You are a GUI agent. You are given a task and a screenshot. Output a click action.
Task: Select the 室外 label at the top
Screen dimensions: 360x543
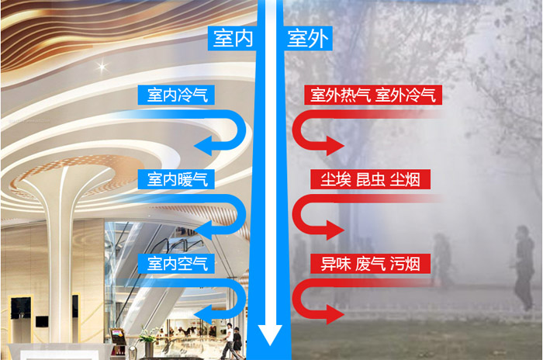coord(307,38)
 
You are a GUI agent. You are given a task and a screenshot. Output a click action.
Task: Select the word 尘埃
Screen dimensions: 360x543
coord(335,180)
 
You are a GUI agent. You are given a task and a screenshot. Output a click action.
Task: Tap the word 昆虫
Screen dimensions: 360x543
coord(371,180)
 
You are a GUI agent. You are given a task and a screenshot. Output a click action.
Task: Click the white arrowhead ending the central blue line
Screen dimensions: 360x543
coord(270,334)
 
